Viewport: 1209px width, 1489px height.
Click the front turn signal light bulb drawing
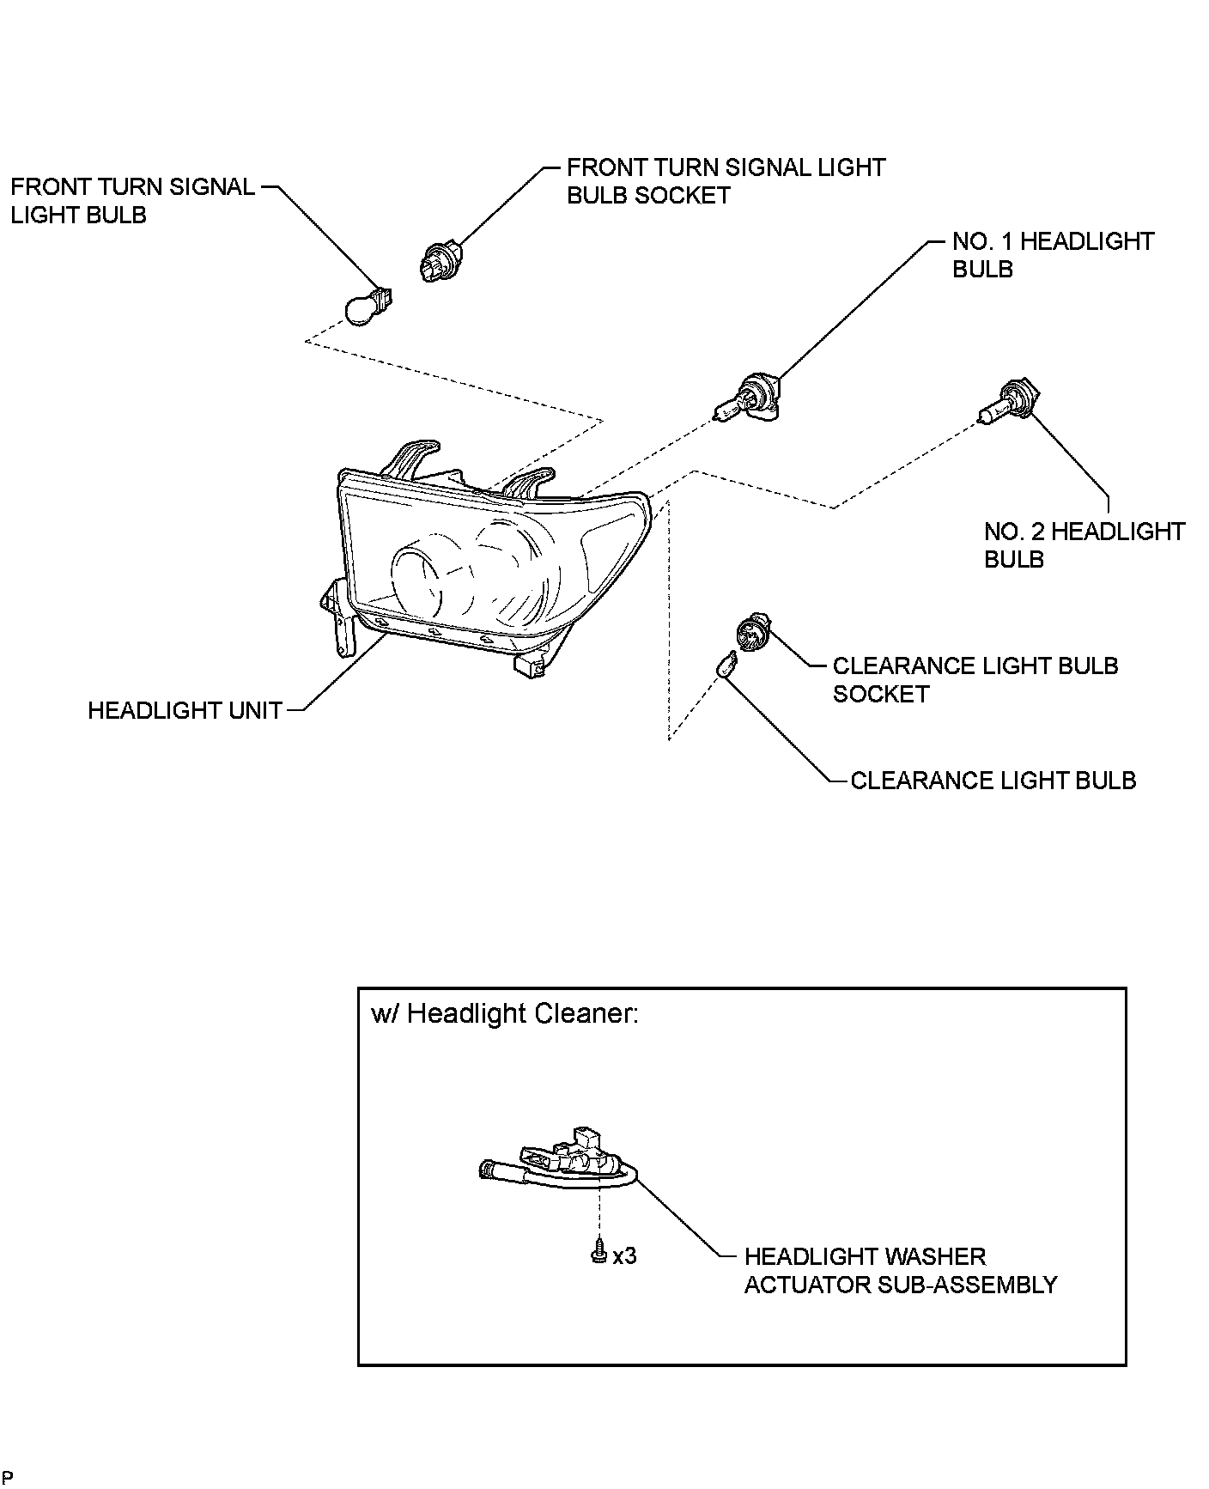(367, 306)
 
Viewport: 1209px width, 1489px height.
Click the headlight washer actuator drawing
(567, 1164)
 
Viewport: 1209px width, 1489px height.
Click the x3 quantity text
(625, 1255)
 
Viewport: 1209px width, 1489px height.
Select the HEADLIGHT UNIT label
(185, 711)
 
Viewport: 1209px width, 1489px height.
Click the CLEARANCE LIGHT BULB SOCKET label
(975, 680)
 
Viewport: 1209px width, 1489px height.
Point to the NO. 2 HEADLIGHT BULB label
(1084, 545)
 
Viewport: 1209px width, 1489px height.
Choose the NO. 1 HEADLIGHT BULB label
(1053, 255)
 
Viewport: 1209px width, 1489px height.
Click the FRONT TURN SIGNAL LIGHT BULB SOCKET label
(726, 181)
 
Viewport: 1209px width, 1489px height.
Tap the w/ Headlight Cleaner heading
(505, 1014)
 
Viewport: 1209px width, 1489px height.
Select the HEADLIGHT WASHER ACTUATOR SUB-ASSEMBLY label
(900, 1271)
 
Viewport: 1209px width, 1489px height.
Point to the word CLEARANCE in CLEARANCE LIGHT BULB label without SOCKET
(911, 781)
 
